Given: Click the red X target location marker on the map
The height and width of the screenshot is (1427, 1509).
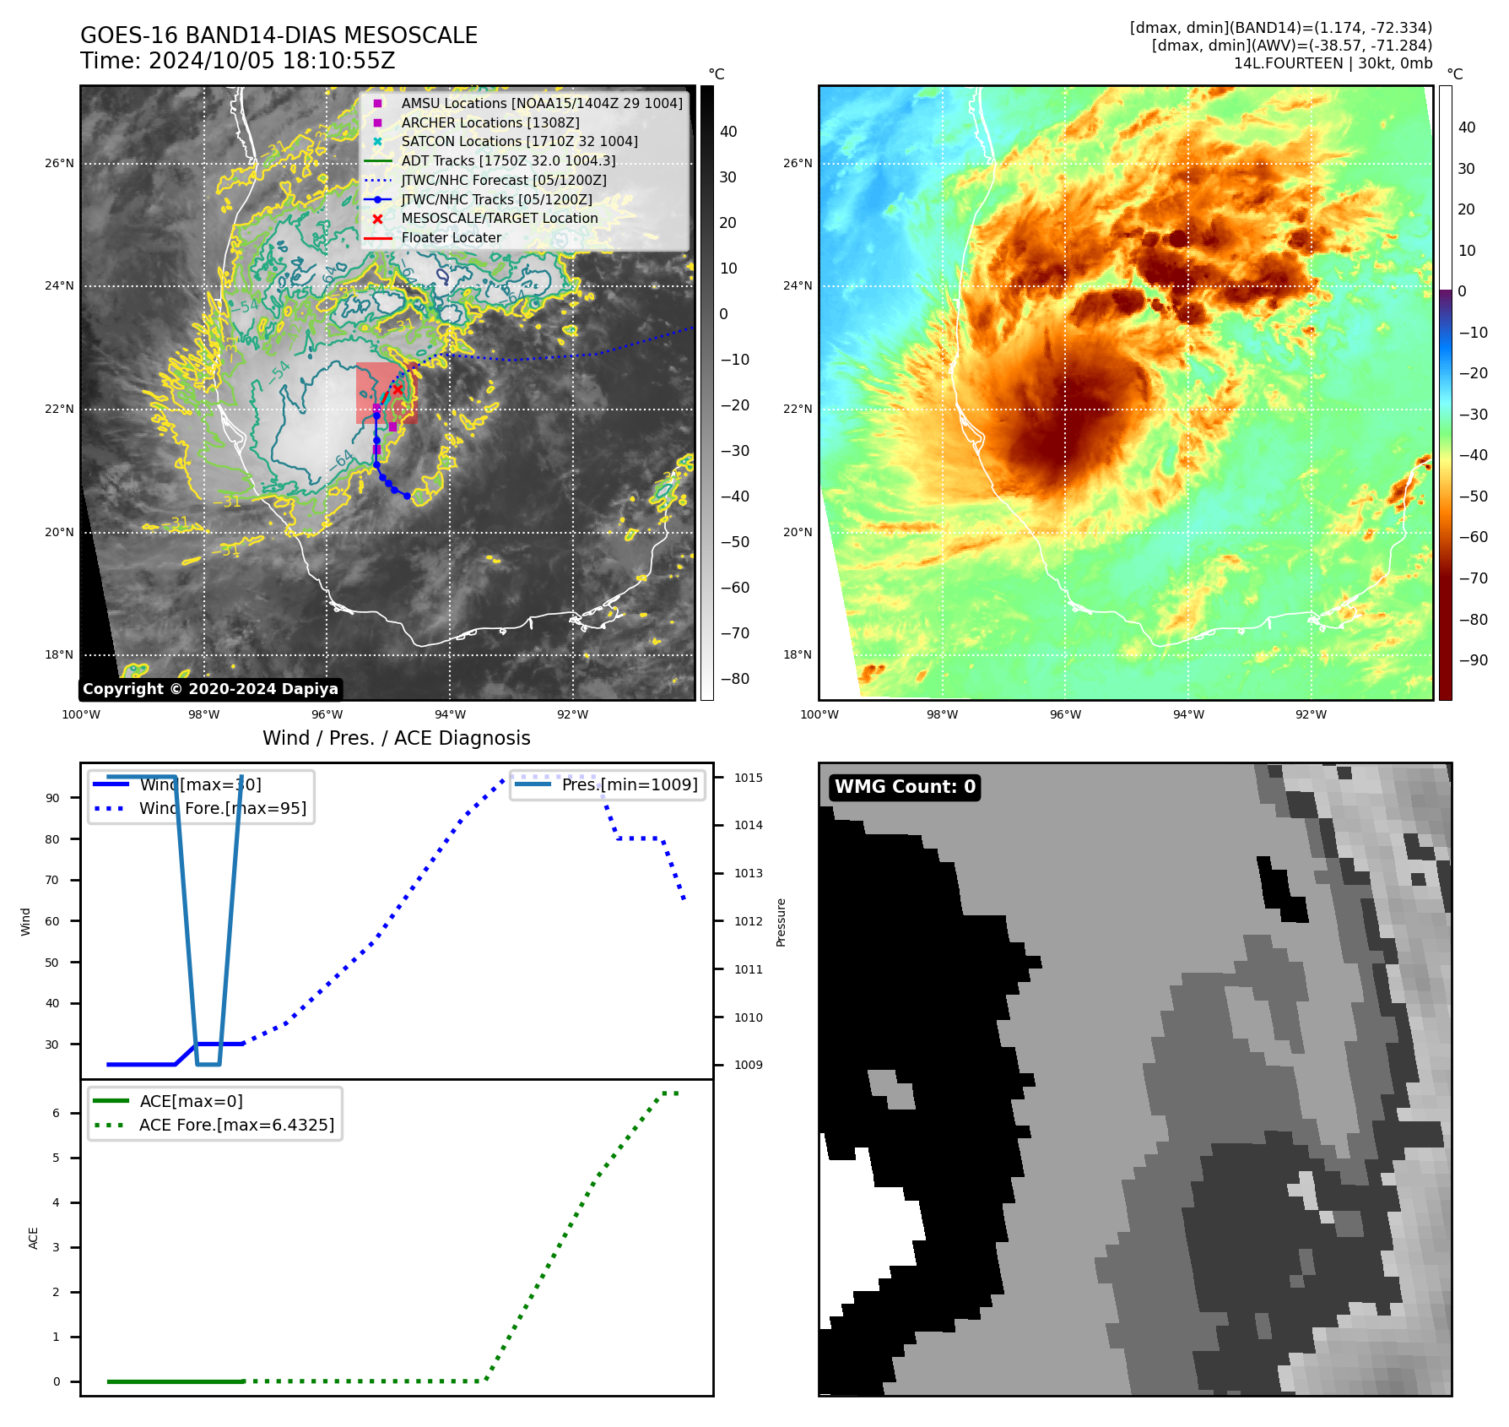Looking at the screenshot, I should tap(398, 389).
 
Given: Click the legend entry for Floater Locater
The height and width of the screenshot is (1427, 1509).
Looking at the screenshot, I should tap(451, 238).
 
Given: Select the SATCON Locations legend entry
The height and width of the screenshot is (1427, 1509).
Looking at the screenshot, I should tap(519, 142).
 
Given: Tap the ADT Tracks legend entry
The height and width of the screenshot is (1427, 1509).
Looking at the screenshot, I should tap(508, 161).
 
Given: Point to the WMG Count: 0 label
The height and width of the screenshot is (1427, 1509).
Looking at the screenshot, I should tap(905, 787).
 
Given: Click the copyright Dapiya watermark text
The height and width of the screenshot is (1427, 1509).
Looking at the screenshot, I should tap(210, 689).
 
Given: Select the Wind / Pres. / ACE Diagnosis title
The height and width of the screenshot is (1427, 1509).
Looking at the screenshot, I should tap(397, 738).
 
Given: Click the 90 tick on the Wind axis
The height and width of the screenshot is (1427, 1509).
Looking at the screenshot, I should tap(52, 798).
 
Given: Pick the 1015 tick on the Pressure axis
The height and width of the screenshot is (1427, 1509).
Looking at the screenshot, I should tap(748, 778).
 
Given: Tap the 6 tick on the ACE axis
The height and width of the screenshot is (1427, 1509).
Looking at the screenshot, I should tap(57, 1113).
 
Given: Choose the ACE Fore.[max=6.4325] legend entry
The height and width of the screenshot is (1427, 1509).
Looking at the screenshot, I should tap(236, 1125).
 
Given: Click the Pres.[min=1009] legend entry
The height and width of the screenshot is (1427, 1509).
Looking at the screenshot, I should tap(630, 784).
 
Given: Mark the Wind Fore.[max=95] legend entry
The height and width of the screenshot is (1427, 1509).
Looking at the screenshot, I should tap(223, 808).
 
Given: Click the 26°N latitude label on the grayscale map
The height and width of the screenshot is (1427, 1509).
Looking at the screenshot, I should tap(59, 164).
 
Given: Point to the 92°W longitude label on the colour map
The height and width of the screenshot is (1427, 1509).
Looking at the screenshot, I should tap(1311, 714).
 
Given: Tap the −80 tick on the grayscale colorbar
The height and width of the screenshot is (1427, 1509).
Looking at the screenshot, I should tap(734, 679).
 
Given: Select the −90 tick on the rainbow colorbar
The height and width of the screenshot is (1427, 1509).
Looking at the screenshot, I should tap(1474, 660).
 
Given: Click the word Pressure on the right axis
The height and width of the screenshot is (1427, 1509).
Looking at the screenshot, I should tap(781, 922).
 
